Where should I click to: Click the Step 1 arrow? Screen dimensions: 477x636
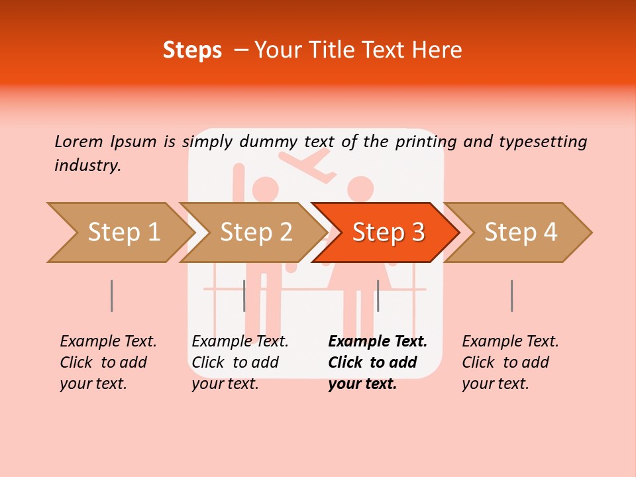coord(119,233)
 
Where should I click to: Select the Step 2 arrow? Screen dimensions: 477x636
coord(255,233)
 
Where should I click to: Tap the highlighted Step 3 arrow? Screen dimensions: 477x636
coord(388,233)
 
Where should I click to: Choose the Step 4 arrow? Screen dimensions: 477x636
coord(520,233)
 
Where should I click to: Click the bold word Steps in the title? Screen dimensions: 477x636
coord(192,50)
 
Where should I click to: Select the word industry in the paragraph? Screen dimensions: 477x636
coord(87,166)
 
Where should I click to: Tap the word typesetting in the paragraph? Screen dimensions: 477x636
coord(543,142)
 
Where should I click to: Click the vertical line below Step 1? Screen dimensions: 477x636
coord(112,295)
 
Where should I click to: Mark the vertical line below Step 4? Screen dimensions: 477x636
coord(512,295)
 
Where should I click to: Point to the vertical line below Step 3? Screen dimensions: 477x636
coord(378,295)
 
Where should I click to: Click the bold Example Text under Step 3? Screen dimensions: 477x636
coord(378,342)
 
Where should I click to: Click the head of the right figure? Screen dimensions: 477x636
coord(361,188)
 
